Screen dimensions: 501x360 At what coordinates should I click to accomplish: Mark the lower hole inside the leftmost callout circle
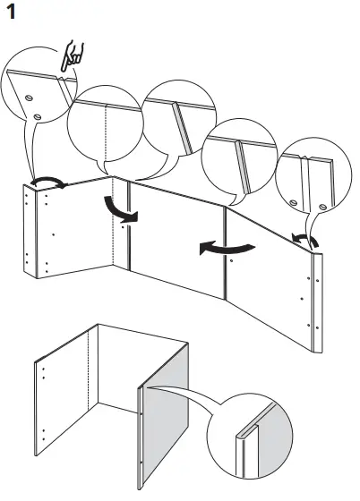pos(38,116)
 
